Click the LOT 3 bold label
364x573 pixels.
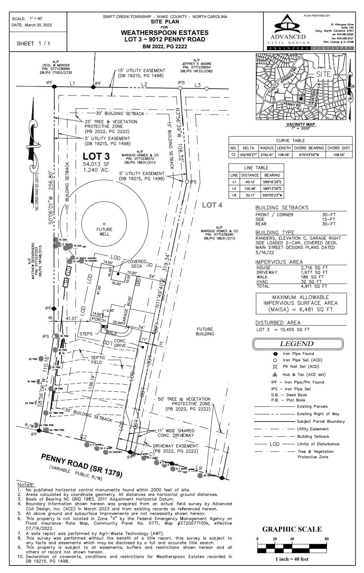pyautogui.click(x=96, y=156)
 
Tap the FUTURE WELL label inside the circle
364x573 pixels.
pyautogui.click(x=105, y=232)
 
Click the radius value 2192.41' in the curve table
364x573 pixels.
pyautogui.click(x=267, y=155)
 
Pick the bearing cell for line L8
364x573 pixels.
pyautogui.click(x=272, y=195)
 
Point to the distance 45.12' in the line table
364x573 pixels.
pyautogui.click(x=250, y=182)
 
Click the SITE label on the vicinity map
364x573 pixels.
pyautogui.click(x=323, y=74)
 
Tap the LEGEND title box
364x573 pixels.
pyautogui.click(x=297, y=344)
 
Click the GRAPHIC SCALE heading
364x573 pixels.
pyautogui.click(x=292, y=529)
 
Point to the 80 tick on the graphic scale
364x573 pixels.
pyautogui.click(x=327, y=539)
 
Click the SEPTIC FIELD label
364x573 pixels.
pyautogui.click(x=98, y=360)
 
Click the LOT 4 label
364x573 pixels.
pyautogui.click(x=212, y=205)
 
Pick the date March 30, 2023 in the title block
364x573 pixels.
pyautogui.click(x=38, y=25)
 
